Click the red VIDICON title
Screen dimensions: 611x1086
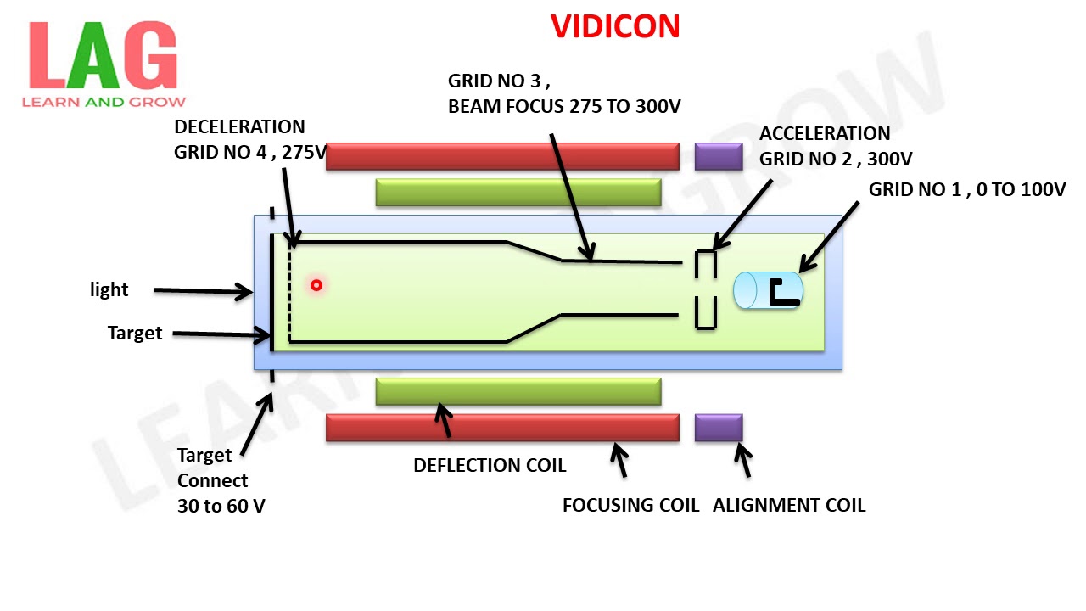tap(615, 26)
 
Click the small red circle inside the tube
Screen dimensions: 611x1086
tap(316, 285)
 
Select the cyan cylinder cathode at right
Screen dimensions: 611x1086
tap(768, 290)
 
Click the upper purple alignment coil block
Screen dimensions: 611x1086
tap(719, 156)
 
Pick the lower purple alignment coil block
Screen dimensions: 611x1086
tap(719, 428)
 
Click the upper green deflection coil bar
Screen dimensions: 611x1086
tap(518, 193)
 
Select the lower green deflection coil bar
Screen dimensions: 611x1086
tap(518, 391)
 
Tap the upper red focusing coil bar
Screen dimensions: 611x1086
tap(502, 156)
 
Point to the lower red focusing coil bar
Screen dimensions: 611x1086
tap(502, 428)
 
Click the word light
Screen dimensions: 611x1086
tap(109, 290)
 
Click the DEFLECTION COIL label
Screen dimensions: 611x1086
tap(490, 466)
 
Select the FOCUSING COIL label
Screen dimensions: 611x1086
tap(630, 506)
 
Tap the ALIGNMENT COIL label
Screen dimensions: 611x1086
tap(789, 506)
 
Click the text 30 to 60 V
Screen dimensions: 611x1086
tap(221, 506)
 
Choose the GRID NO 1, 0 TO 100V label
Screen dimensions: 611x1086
tap(966, 190)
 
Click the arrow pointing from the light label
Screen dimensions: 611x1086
tap(204, 292)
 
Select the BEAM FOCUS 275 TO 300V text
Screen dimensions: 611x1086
tap(564, 107)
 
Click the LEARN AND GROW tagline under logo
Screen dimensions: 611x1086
tap(104, 102)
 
